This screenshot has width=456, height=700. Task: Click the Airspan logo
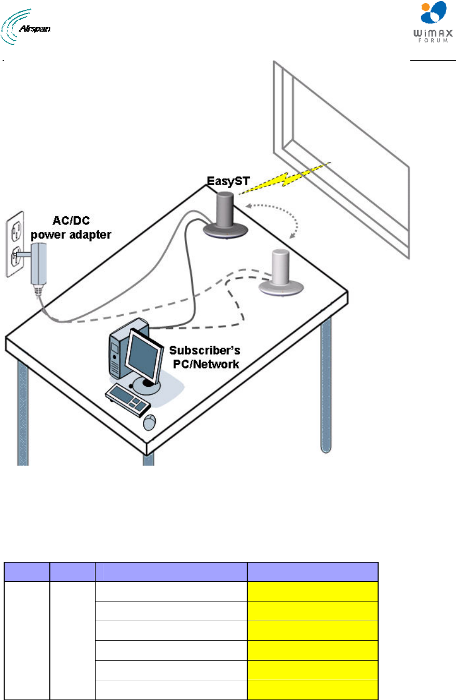tap(25, 27)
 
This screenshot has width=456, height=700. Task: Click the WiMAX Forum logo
tap(433, 22)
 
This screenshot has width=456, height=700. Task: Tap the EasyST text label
tap(228, 181)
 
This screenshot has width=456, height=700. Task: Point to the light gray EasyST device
tap(281, 273)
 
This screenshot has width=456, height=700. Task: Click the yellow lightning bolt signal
tap(285, 179)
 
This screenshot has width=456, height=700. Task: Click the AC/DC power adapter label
tap(71, 228)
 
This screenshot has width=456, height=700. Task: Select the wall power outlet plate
tap(15, 244)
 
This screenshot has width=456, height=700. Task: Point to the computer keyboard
tap(128, 400)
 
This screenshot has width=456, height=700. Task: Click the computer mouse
tap(150, 423)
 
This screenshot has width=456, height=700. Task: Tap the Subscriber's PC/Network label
tap(205, 357)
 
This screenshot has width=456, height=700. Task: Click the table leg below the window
tap(326, 384)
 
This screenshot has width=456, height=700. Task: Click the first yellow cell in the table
tap(312, 591)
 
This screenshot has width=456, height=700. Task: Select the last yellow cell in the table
tap(312, 690)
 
